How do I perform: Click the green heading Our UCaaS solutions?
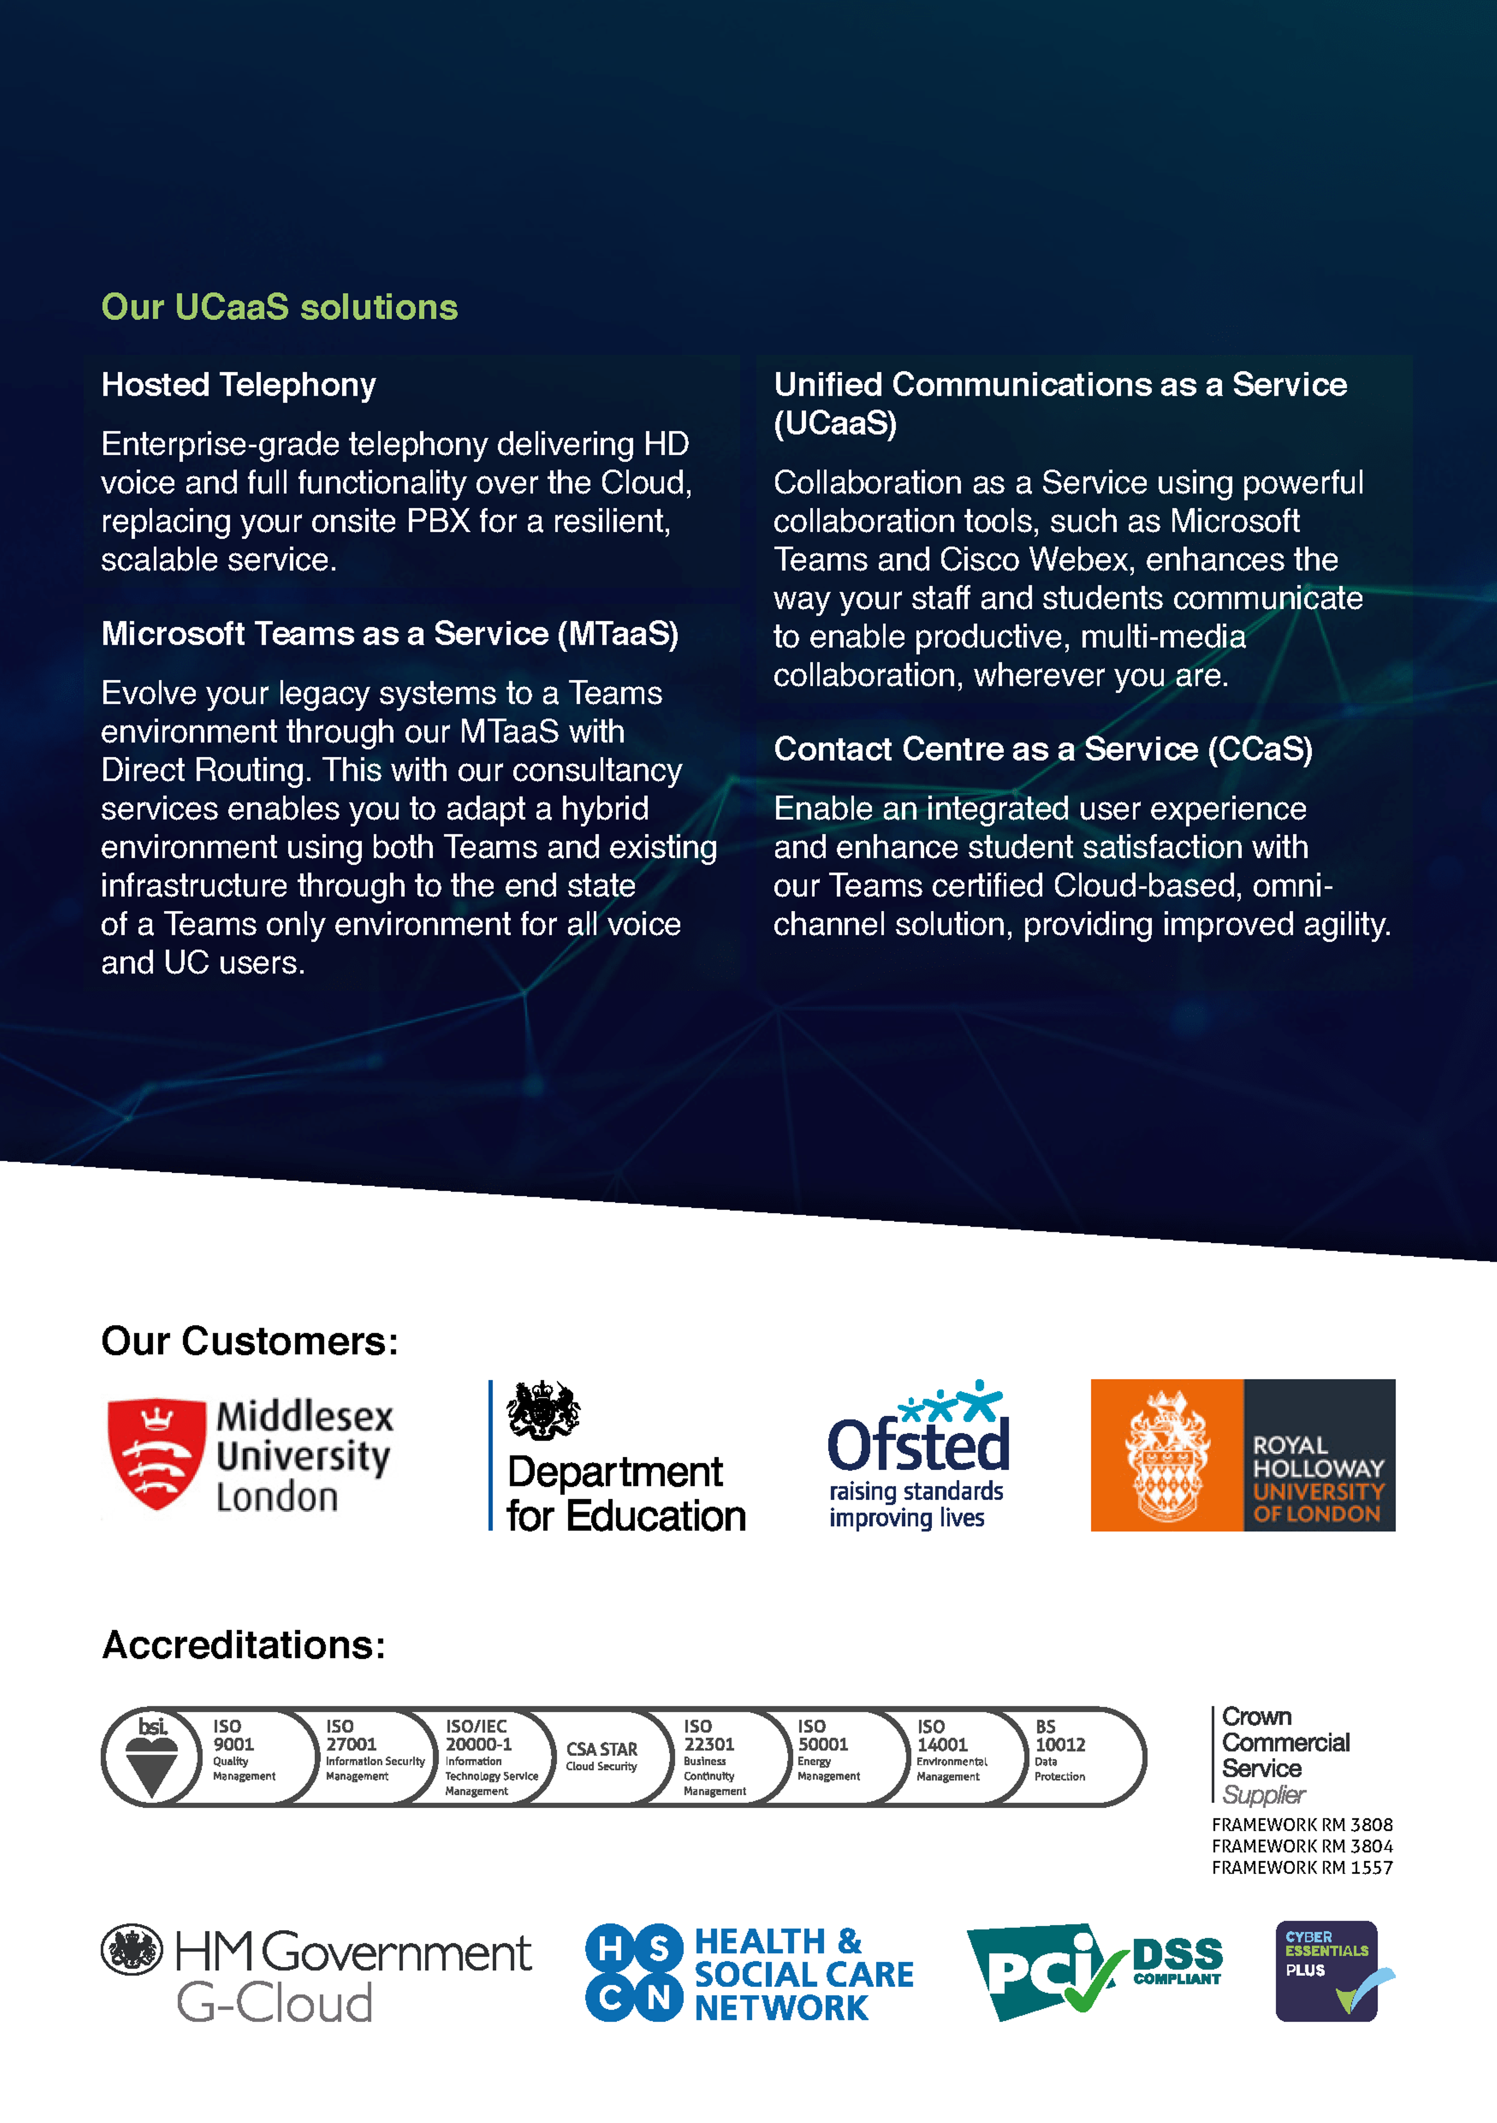279,307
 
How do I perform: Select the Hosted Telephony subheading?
239,385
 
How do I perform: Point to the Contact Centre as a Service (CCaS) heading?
1042,749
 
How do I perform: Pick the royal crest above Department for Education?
543,1410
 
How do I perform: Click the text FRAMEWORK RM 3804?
1302,1845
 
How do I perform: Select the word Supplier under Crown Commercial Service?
1263,1795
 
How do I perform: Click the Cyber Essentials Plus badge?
1328,1971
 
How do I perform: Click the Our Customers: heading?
249,1341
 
